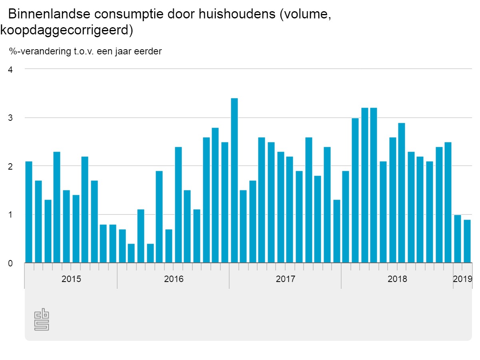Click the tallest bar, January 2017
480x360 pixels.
[x=234, y=180]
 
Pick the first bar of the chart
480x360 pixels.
[x=29, y=212]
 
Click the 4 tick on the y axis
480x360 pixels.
[x=10, y=70]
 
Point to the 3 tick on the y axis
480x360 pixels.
[x=10, y=118]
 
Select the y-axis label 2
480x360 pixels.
[x=10, y=166]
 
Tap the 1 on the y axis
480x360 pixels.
[x=10, y=215]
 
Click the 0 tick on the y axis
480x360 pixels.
[x=10, y=263]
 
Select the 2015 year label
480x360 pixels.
[x=71, y=279]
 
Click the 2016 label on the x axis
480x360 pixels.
[x=174, y=279]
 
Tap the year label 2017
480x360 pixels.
[x=286, y=279]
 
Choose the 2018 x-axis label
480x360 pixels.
[x=397, y=279]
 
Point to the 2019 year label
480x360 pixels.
[x=463, y=279]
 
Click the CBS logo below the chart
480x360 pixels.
[x=42, y=320]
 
